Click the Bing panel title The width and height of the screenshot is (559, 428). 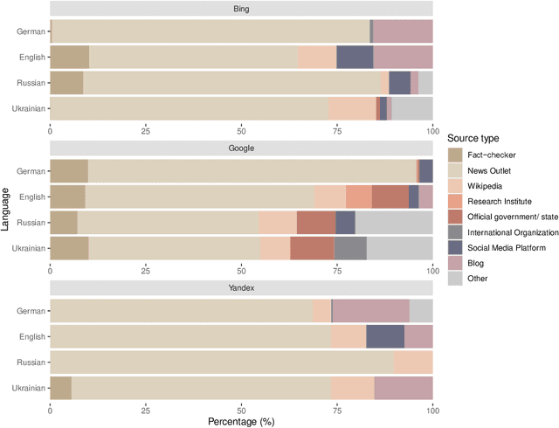(240, 9)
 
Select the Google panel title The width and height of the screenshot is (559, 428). (240, 148)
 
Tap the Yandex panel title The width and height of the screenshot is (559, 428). (240, 288)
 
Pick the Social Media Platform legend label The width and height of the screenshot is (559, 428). (513, 247)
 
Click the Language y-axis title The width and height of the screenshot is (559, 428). (7, 210)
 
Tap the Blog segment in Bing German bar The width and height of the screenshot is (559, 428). (403, 31)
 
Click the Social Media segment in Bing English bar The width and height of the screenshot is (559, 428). (355, 57)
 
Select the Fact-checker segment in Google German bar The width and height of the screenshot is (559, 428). (69, 171)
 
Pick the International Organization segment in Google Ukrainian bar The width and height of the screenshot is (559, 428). (350, 248)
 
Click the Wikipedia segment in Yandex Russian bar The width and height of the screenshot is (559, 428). (413, 362)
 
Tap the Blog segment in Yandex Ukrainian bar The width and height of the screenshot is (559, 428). (403, 387)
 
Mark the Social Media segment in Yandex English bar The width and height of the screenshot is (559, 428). (385, 336)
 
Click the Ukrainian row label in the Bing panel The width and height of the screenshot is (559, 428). (31, 108)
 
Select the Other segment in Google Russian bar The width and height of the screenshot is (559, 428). (394, 223)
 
